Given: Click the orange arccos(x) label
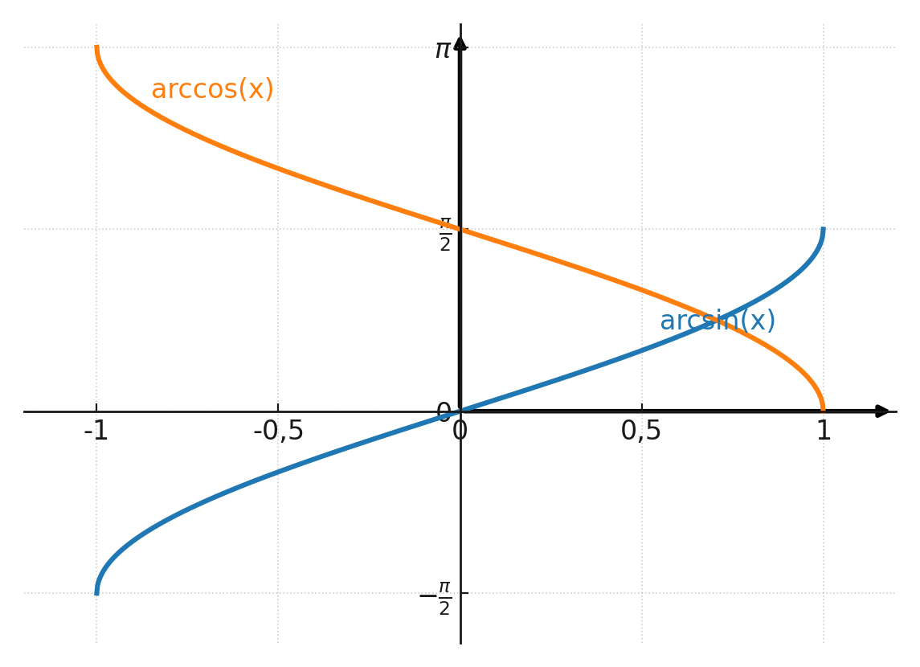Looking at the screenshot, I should pos(212,89).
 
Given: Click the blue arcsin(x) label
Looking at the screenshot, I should pos(718,321).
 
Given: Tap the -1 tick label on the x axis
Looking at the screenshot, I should pos(96,432).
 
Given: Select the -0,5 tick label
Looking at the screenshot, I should pos(278,432).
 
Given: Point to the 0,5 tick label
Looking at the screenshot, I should pos(641,432).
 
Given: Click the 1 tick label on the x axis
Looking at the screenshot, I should pos(823,432).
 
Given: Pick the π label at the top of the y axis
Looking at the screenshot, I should pos(443,50).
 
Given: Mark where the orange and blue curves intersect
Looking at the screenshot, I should pos(717,320).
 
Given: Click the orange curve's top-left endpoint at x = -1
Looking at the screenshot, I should pos(96,48).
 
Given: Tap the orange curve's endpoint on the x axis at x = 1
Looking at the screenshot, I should pos(823,410).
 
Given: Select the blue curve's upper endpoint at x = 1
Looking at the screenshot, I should pos(823,230).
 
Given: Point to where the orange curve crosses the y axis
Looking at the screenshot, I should pos(460,230).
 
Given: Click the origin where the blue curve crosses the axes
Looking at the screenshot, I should pos(460,411).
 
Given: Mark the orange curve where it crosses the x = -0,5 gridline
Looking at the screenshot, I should pos(278,169).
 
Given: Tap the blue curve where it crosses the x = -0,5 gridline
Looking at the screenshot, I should pos(278,472).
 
